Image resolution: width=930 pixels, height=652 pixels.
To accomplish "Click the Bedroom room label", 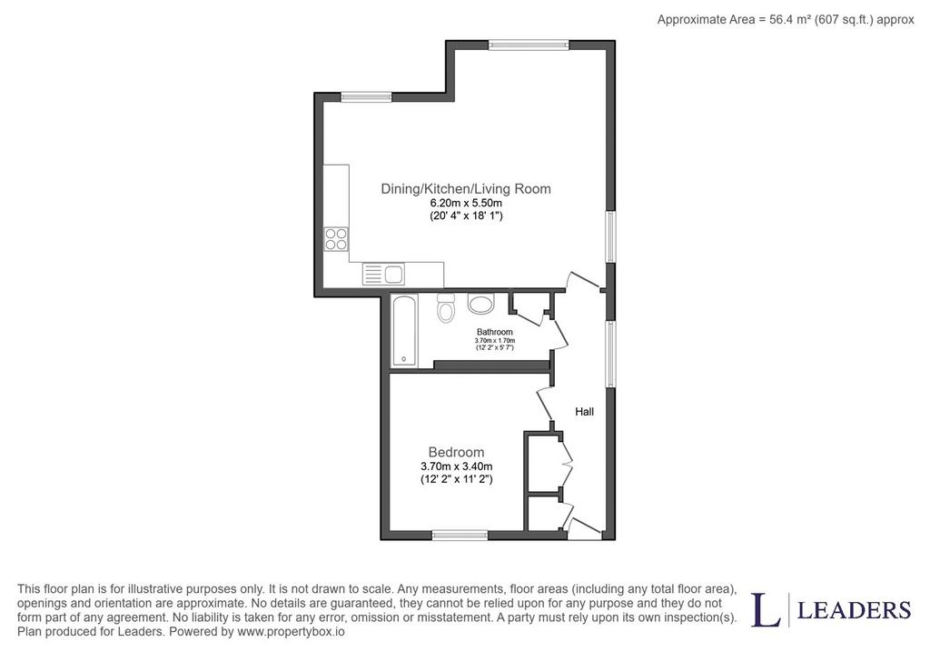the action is pyautogui.click(x=456, y=453).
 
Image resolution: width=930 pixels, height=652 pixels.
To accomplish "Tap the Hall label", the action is pyautogui.click(x=584, y=412).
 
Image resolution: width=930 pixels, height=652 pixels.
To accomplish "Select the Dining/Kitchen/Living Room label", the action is pyautogui.click(x=466, y=189).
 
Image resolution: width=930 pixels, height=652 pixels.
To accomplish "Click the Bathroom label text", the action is pyautogui.click(x=495, y=332).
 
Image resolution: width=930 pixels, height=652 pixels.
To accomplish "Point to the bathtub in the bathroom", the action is pyautogui.click(x=404, y=330).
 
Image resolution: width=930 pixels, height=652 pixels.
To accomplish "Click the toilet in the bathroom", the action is pyautogui.click(x=445, y=307).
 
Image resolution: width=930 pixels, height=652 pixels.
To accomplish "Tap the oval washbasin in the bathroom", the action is pyautogui.click(x=480, y=304).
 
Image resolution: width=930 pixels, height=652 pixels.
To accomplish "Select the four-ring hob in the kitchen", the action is pyautogui.click(x=336, y=239).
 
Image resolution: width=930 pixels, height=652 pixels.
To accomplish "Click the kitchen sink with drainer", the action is pyautogui.click(x=384, y=275).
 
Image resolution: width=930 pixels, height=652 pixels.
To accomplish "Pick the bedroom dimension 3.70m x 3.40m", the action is pyautogui.click(x=456, y=466).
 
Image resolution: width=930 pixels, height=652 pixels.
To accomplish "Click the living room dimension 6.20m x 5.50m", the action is pyautogui.click(x=466, y=203).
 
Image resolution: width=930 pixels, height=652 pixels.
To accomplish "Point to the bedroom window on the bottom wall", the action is pyautogui.click(x=460, y=536).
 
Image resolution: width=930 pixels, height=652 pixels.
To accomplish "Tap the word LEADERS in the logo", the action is pyautogui.click(x=854, y=610).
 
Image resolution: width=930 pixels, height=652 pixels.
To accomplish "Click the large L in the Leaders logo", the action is pyautogui.click(x=766, y=609).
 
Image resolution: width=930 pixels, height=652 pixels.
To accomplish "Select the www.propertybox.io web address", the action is pyautogui.click(x=291, y=632).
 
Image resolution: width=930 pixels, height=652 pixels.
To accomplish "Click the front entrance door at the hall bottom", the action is pyautogui.click(x=583, y=528).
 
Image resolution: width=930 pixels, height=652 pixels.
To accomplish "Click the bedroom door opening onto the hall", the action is pyautogui.click(x=545, y=403).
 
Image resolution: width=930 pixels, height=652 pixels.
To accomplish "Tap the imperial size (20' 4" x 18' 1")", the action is pyautogui.click(x=466, y=216).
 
